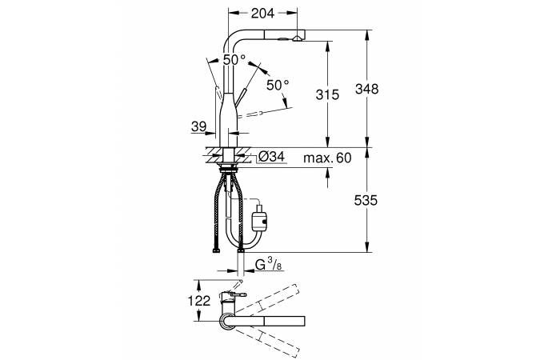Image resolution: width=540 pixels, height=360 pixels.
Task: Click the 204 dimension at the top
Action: click(262, 14)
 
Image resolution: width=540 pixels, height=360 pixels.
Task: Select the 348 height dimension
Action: click(366, 89)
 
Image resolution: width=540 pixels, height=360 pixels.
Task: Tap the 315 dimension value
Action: click(327, 94)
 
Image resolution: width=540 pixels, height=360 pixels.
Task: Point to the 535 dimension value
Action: click(366, 200)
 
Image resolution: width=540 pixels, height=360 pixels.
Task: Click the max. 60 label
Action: click(327, 158)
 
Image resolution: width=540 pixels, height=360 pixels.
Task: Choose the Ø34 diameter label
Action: click(271, 157)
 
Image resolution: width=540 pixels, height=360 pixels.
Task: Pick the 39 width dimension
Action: click(198, 126)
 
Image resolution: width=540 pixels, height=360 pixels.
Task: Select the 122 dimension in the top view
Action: click(198, 301)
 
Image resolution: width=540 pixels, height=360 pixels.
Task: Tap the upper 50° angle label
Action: click(234, 59)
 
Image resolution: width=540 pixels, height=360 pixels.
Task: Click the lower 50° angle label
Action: click(278, 85)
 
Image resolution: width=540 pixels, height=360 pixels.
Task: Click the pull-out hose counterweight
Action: click(260, 218)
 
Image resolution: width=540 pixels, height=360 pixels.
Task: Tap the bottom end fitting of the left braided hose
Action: click(216, 250)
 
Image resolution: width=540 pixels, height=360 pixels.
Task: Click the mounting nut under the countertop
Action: click(228, 169)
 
